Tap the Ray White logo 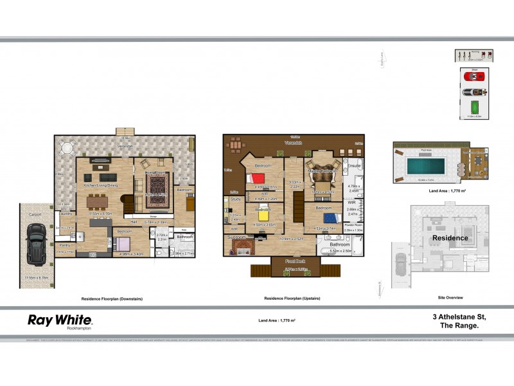60,320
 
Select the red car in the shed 472,76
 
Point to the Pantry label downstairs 65,245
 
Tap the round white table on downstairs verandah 67,147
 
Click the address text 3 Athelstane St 457,317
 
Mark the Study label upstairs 235,200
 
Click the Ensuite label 354,166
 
